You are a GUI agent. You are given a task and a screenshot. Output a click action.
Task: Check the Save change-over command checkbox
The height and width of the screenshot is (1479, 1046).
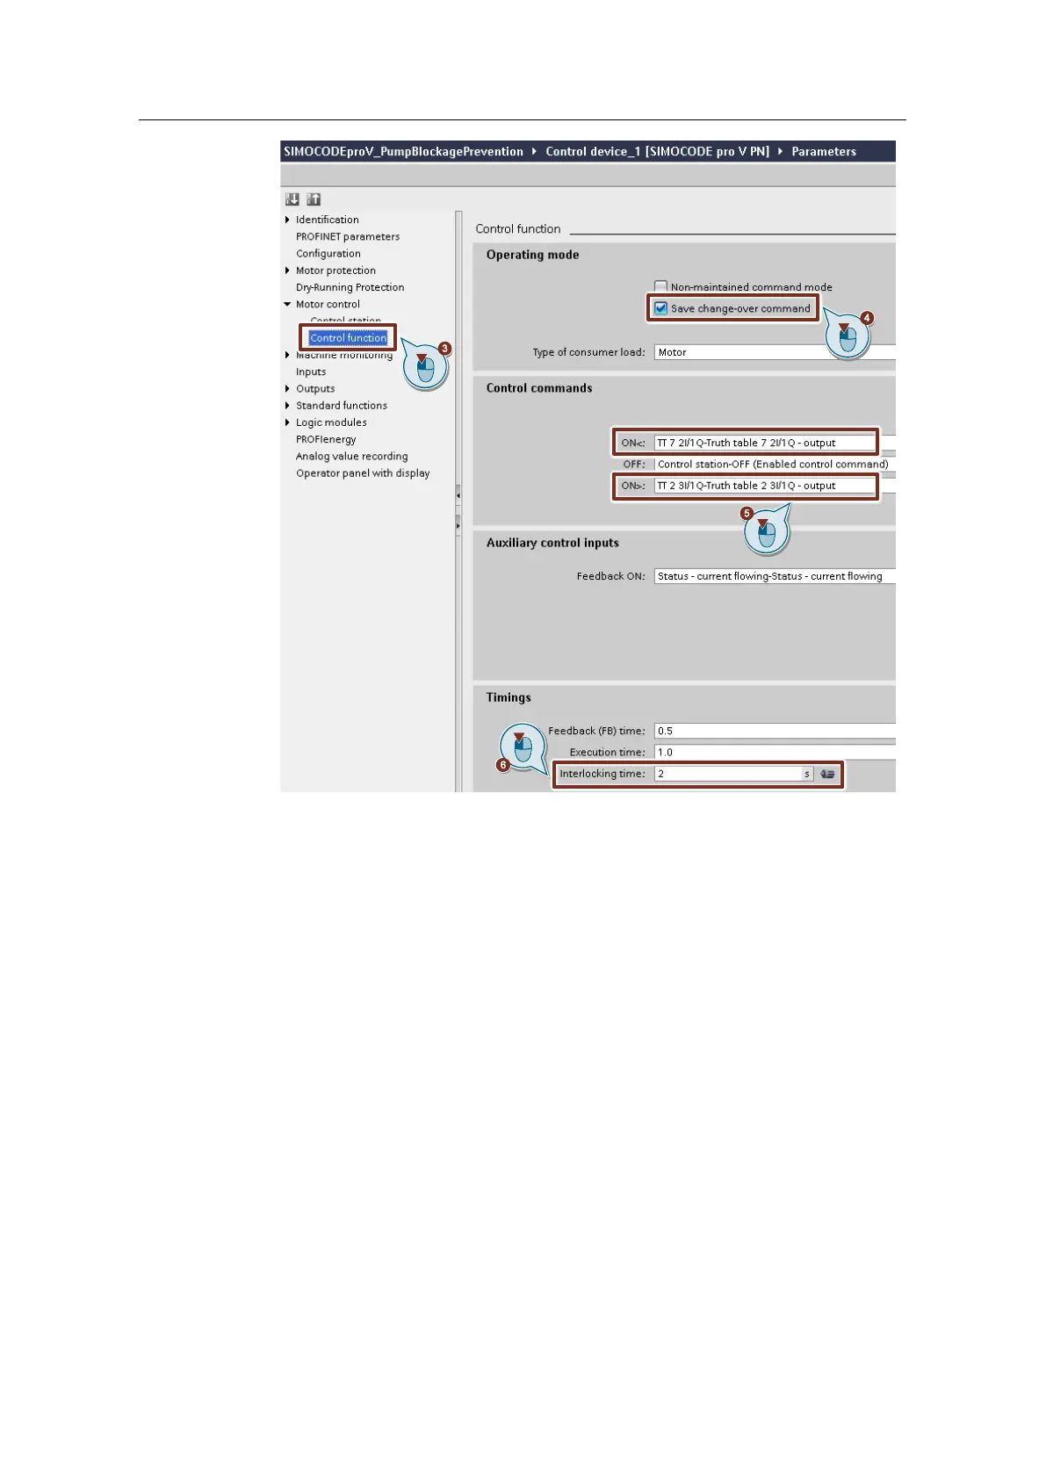point(661,308)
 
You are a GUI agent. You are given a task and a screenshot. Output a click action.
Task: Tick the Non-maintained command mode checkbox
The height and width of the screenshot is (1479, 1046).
point(661,286)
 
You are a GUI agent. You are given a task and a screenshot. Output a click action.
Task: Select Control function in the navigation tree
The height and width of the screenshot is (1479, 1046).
point(348,338)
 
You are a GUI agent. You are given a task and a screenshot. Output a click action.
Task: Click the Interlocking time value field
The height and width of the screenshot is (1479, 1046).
point(728,774)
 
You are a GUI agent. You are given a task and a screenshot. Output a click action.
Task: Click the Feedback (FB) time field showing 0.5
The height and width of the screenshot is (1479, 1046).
point(773,731)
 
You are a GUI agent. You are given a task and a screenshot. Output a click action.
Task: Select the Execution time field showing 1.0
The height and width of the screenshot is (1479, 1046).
point(773,752)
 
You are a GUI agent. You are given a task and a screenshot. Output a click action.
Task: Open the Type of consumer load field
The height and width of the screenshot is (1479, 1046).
point(773,352)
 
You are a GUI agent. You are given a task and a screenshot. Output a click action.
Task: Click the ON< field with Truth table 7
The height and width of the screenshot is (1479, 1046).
point(764,443)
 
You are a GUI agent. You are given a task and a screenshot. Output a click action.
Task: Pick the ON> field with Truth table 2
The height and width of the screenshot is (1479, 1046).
point(764,486)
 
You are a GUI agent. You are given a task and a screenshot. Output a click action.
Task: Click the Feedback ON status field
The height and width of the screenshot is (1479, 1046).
point(773,576)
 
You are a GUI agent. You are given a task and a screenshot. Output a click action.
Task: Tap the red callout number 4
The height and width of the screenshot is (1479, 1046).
point(867,318)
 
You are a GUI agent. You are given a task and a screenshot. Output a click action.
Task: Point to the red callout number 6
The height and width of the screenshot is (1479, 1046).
point(503,765)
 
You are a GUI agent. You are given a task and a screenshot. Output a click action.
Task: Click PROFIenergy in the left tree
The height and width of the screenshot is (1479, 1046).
point(326,439)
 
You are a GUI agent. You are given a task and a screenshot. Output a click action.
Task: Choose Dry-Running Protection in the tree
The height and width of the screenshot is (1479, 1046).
point(350,287)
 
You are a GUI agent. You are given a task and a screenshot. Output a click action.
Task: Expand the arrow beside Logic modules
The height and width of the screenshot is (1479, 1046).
point(287,422)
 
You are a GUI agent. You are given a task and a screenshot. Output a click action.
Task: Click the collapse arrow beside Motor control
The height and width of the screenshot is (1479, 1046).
point(287,305)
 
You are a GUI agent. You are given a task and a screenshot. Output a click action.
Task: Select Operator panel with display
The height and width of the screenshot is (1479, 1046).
point(363,473)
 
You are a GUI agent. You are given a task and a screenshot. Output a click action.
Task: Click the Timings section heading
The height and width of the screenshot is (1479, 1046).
point(509,697)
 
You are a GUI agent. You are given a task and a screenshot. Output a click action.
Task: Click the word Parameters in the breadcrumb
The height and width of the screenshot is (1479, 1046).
point(823,151)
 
